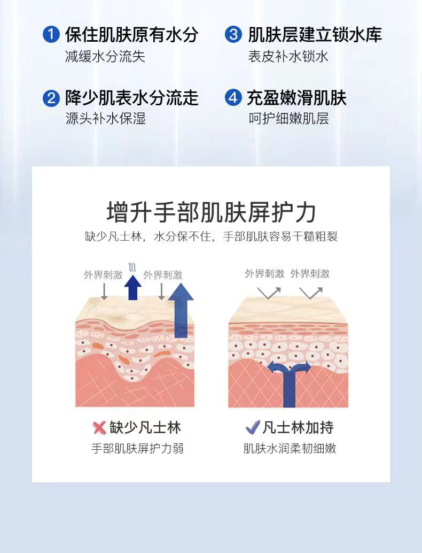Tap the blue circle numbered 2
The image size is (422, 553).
[51, 98]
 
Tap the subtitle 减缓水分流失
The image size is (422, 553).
[105, 57]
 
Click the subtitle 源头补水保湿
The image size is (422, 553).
[105, 118]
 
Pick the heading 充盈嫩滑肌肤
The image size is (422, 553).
[297, 98]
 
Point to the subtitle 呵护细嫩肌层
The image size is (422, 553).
[288, 118]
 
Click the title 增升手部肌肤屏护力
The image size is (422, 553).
[211, 212]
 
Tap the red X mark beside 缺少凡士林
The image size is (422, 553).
[99, 428]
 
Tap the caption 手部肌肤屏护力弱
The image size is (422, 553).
[137, 449]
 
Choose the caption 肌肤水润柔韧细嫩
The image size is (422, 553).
[290, 449]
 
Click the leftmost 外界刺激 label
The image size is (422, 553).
[103, 275]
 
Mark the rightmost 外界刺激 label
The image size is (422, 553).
[310, 274]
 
